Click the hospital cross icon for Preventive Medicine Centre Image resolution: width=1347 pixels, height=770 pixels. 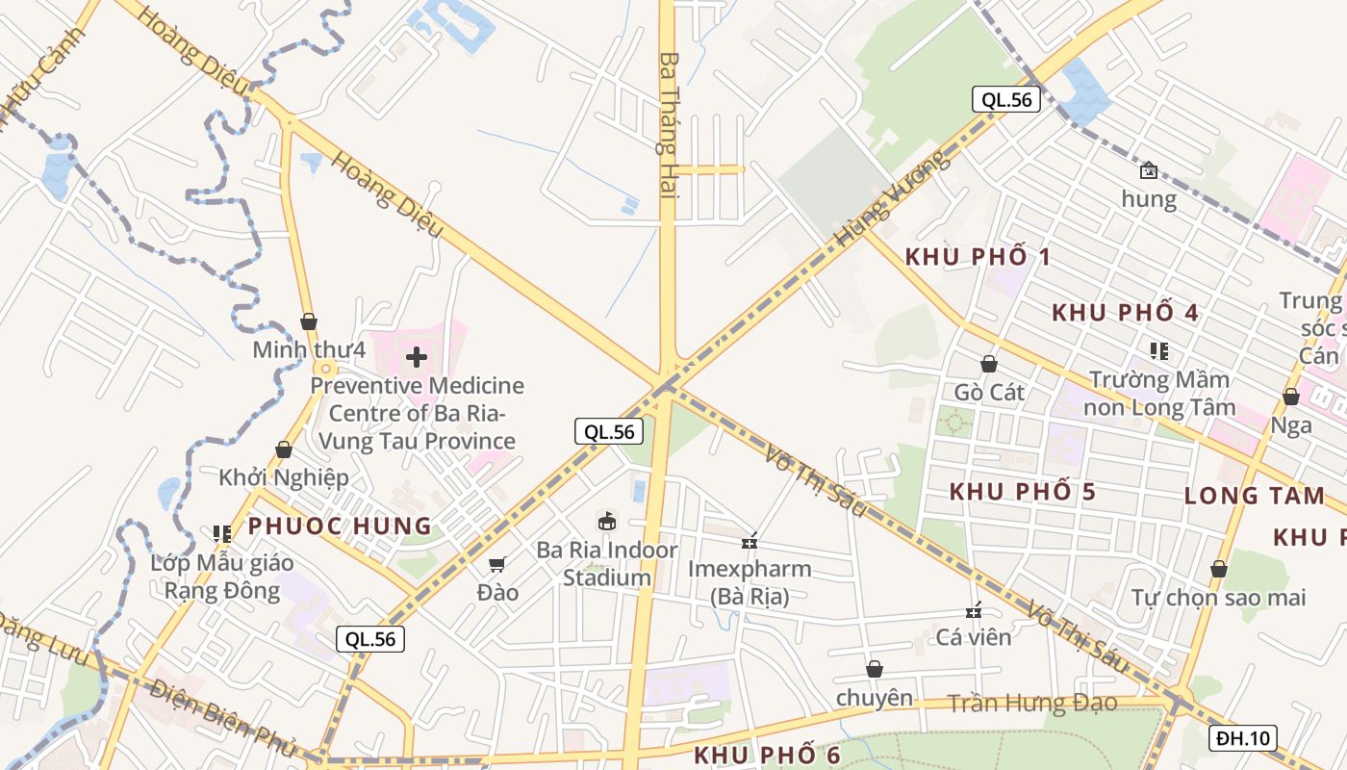[x=417, y=357]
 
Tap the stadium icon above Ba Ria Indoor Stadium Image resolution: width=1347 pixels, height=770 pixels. [x=607, y=522]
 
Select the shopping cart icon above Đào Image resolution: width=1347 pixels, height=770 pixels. [x=497, y=564]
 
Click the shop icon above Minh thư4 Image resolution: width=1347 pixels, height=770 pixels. [x=309, y=321]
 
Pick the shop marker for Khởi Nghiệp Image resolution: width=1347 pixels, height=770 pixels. [x=284, y=449]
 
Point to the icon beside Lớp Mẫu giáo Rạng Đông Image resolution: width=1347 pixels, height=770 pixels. [x=222, y=533]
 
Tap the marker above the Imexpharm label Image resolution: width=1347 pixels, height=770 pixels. [x=750, y=542]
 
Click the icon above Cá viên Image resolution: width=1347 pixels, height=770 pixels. [x=974, y=610]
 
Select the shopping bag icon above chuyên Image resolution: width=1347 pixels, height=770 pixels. [x=875, y=669]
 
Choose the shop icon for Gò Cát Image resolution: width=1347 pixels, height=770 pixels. [x=988, y=364]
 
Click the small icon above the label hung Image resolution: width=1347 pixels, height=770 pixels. [x=1148, y=171]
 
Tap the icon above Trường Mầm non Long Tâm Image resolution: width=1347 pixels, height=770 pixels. [x=1159, y=351]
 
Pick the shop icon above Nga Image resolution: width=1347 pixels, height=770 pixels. [x=1291, y=397]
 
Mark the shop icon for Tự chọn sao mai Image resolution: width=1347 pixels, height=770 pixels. [x=1219, y=569]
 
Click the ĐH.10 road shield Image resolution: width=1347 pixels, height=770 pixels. [x=1244, y=738]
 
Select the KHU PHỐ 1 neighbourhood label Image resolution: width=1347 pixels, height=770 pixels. [x=978, y=257]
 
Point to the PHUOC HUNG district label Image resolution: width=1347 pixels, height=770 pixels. [x=341, y=526]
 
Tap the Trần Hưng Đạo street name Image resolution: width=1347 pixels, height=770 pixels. [x=1032, y=704]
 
